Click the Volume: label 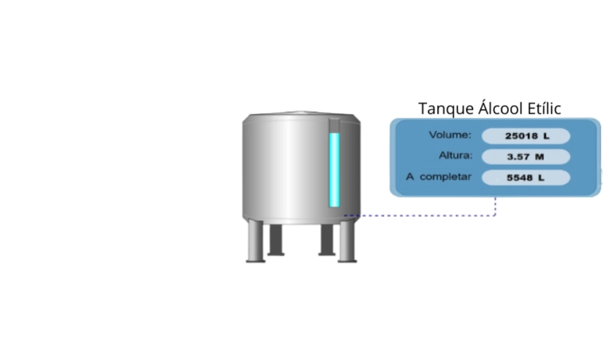(449, 135)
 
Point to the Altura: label (455, 156)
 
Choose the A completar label (439, 177)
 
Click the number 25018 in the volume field (519, 136)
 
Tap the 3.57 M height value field (525, 157)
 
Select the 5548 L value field (525, 177)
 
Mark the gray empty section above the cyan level (334, 125)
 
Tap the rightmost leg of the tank (348, 242)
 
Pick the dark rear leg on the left (276, 239)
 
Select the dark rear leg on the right (326, 239)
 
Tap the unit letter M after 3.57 (539, 157)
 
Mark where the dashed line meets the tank (345, 215)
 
